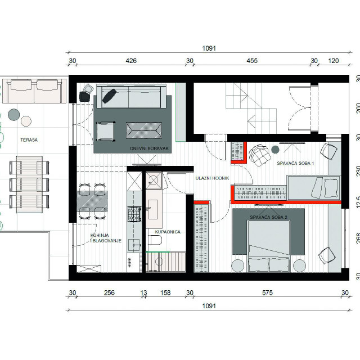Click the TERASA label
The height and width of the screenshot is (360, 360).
click(29, 140)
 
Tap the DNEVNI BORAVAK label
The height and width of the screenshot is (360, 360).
click(149, 148)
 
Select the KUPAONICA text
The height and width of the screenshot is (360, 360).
click(168, 232)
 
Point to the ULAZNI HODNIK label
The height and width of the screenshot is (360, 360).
click(213, 178)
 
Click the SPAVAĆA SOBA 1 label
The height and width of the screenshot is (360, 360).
click(295, 163)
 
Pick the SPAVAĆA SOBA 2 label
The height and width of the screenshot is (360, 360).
click(268, 217)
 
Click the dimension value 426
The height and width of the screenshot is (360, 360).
click(131, 61)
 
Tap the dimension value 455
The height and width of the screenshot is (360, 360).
click(252, 61)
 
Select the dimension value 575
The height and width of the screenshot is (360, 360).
click(268, 292)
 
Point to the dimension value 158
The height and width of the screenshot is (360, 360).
click(165, 292)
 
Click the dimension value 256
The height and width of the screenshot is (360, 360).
click(109, 292)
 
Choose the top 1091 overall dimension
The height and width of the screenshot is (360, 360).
click(209, 48)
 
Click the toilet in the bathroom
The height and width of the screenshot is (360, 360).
click(155, 240)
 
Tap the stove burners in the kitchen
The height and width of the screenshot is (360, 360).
click(134, 214)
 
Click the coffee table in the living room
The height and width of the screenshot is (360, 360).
click(144, 130)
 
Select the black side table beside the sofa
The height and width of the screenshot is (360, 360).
click(84, 96)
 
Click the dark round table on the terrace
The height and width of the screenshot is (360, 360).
click(13, 115)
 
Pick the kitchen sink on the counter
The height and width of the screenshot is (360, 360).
click(134, 245)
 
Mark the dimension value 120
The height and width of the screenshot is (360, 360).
click(334, 61)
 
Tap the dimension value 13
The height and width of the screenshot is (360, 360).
click(143, 292)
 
